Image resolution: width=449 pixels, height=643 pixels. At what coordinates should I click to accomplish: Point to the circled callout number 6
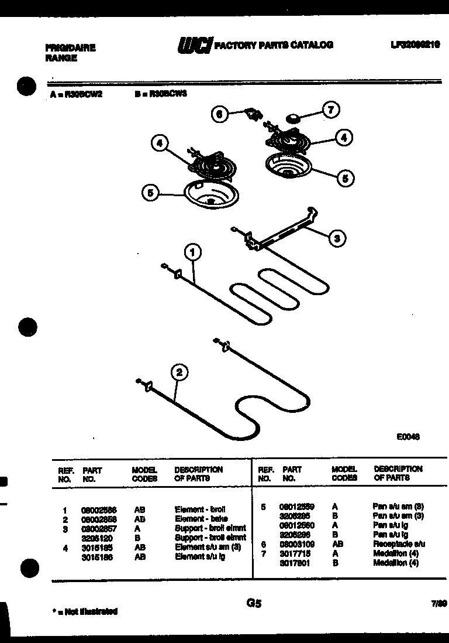click(220, 115)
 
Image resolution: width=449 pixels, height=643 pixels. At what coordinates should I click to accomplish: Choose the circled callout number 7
click(331, 110)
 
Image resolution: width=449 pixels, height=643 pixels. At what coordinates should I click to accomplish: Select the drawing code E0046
click(408, 436)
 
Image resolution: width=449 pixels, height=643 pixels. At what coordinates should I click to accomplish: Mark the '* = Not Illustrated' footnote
click(85, 611)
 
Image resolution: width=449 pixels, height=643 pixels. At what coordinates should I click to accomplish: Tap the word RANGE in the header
click(61, 58)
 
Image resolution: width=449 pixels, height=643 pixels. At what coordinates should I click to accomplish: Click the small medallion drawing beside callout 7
click(293, 119)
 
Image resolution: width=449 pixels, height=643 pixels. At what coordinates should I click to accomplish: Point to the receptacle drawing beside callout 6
click(252, 114)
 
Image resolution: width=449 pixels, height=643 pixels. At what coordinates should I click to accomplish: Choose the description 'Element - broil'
click(200, 509)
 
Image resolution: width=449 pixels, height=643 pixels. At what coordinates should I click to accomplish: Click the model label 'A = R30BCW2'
click(76, 93)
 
